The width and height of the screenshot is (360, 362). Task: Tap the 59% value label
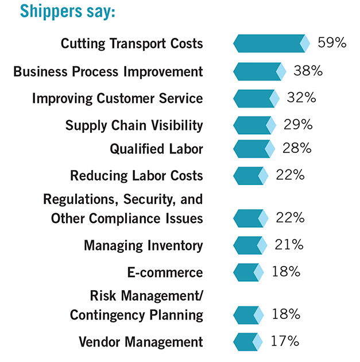[x=332, y=43]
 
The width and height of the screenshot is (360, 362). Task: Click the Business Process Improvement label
[x=108, y=72]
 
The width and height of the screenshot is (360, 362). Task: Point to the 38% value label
[x=308, y=71]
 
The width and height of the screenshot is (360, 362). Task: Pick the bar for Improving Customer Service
[x=256, y=98]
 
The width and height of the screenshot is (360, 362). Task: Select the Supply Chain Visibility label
[x=134, y=125]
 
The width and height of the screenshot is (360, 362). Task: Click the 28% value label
[x=296, y=148]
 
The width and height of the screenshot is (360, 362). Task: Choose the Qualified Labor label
[x=156, y=149]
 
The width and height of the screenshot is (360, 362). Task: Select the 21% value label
[x=288, y=245]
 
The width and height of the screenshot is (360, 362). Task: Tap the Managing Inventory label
[x=143, y=246]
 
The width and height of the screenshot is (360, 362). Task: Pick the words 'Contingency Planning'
[x=136, y=315]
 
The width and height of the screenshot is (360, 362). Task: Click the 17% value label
[x=284, y=341]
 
